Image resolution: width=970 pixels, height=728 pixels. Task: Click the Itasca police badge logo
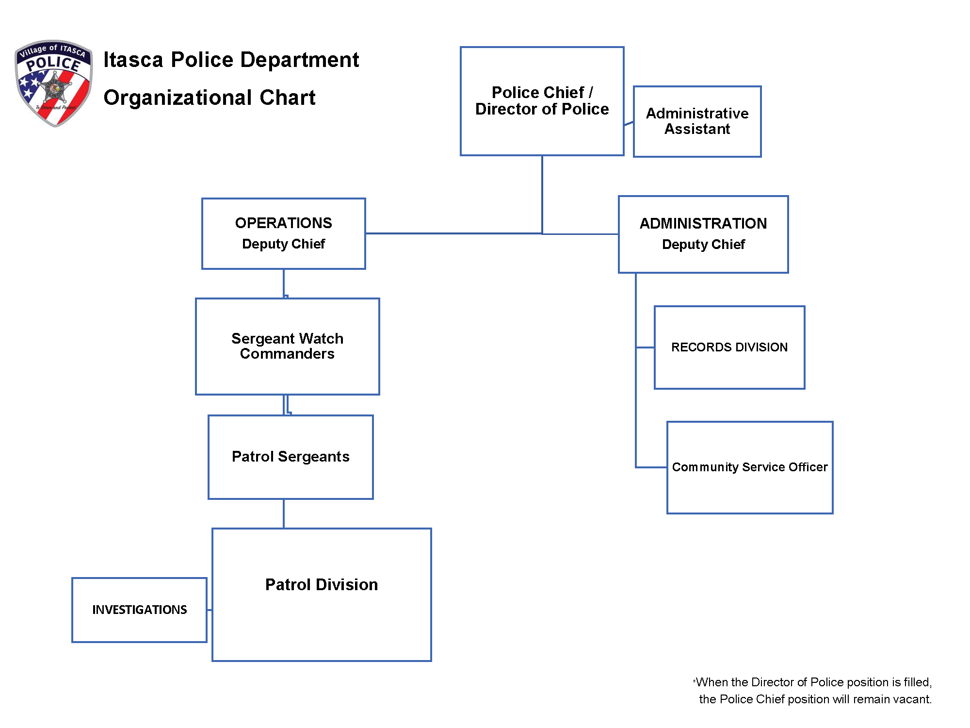[54, 83]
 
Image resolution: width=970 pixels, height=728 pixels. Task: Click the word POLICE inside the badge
[53, 64]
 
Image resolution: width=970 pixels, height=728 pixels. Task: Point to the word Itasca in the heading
[133, 60]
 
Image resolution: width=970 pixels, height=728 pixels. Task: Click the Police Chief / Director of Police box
[542, 101]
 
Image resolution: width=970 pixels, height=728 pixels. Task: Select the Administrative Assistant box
[697, 121]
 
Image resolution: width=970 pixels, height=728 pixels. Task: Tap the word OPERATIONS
[283, 223]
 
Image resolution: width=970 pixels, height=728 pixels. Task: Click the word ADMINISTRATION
[703, 223]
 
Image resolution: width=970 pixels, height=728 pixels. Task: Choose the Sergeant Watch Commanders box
[287, 346]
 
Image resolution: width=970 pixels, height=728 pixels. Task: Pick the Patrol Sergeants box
[290, 457]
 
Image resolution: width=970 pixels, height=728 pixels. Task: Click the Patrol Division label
[321, 584]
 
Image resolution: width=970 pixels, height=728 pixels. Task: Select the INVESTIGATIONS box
[139, 610]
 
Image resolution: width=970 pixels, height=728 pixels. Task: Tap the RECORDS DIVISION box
[729, 347]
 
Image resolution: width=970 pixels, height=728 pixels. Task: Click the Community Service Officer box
[749, 467]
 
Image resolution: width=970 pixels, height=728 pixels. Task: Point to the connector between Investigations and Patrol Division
[210, 610]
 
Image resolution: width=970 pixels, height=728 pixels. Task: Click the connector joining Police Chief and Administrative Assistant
[629, 123]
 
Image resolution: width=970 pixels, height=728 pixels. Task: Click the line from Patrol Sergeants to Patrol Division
[284, 513]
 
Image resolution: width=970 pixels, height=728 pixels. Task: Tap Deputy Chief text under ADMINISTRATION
[703, 244]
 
